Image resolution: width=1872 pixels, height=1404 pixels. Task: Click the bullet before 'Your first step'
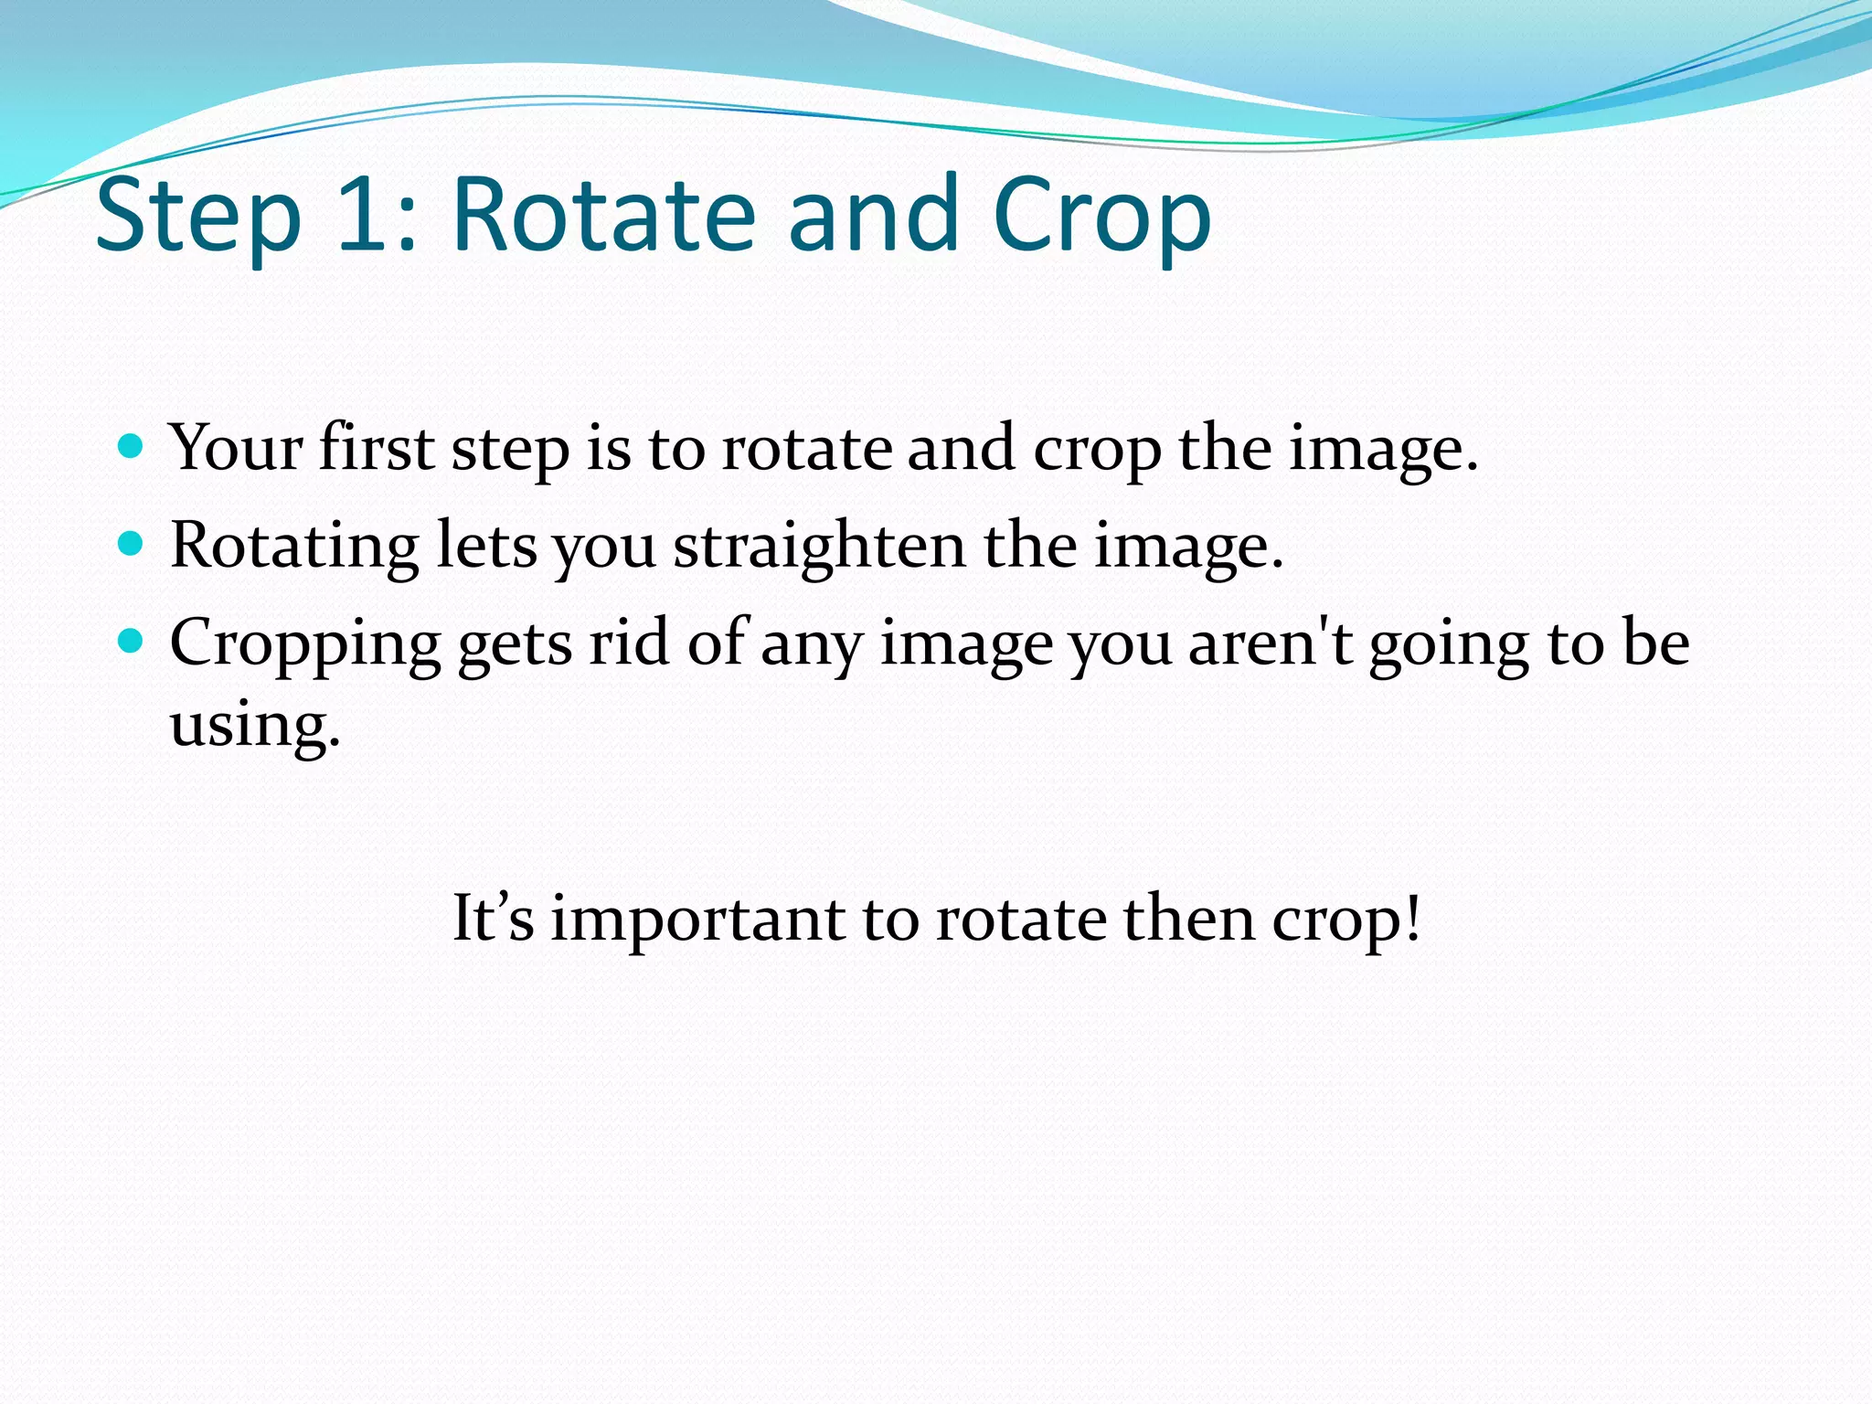click(132, 447)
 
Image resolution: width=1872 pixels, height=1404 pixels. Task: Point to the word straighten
click(819, 547)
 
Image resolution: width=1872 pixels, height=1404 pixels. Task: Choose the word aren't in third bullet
click(1271, 643)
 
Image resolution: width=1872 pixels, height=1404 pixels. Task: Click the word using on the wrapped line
click(254, 726)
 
